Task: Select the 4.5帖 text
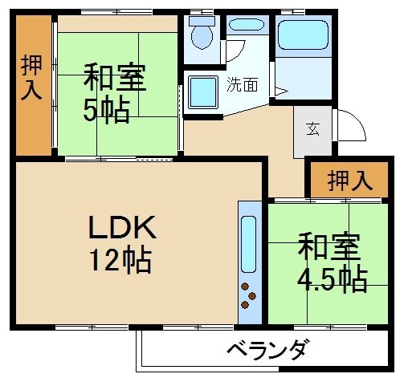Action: pos(333,278)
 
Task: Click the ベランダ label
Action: pos(267,351)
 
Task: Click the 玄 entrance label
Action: pos(311,129)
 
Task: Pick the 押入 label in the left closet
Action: pos(31,79)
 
